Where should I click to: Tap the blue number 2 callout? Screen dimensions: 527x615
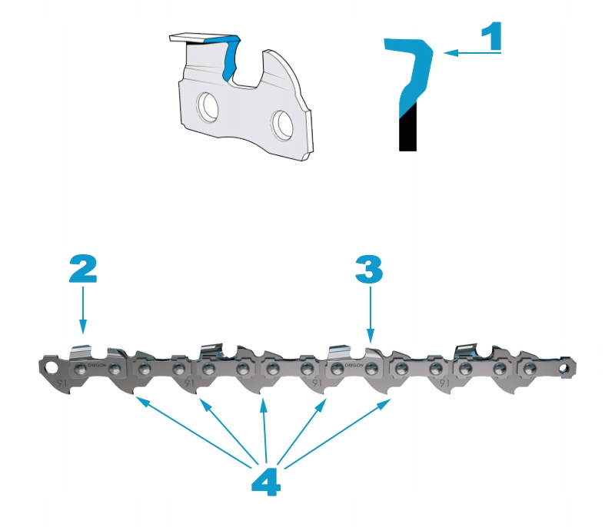click(x=82, y=268)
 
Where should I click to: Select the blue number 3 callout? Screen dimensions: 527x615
click(x=369, y=268)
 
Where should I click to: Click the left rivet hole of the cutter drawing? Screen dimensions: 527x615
click(x=208, y=104)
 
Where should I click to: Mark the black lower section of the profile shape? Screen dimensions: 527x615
click(x=407, y=128)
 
